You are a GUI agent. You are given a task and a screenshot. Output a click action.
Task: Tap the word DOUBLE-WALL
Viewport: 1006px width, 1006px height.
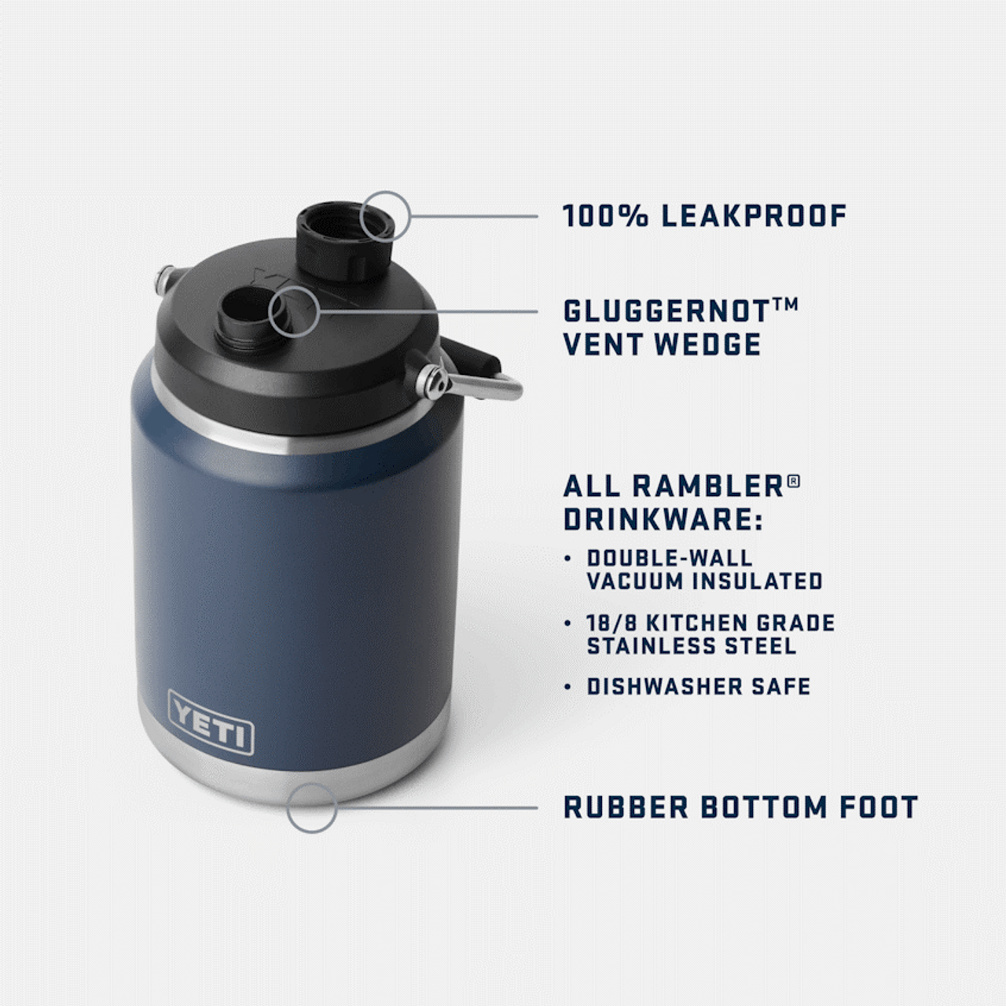pyautogui.click(x=670, y=558)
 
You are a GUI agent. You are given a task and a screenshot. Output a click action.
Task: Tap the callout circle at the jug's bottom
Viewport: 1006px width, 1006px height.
pyautogui.click(x=311, y=807)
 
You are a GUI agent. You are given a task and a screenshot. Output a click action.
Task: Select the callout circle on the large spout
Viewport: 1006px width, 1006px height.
pyautogui.click(x=385, y=215)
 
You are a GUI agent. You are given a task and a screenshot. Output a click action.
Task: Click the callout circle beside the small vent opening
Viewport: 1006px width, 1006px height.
pyautogui.click(x=294, y=311)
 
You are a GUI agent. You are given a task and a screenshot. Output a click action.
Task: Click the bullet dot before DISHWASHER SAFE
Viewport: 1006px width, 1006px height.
pyautogui.click(x=568, y=688)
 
